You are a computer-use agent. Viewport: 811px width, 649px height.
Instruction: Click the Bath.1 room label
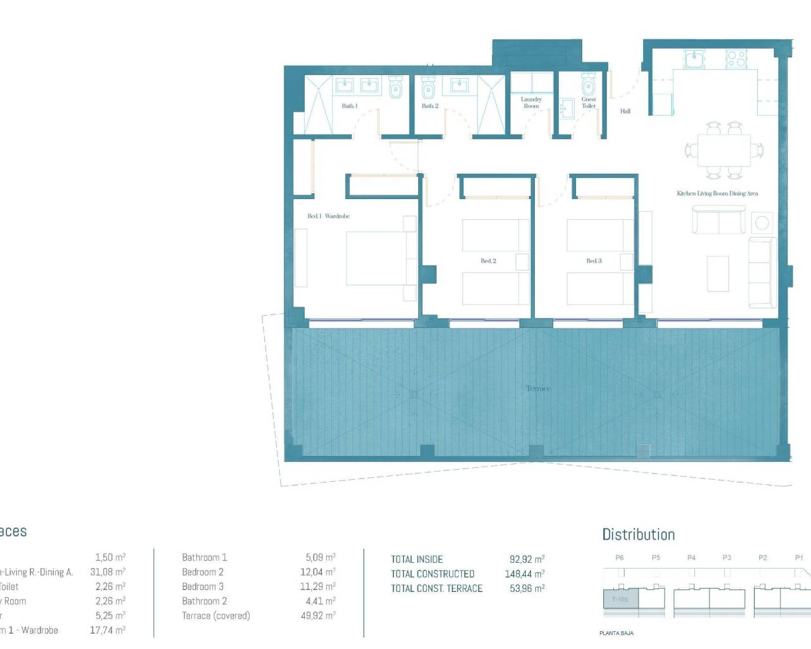(350, 106)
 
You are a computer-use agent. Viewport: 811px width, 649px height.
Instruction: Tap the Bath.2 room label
(430, 106)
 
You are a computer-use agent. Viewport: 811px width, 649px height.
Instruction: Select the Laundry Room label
(531, 103)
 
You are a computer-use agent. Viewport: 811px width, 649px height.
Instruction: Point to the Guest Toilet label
(589, 103)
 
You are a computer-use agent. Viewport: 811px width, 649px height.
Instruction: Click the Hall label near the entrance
(625, 112)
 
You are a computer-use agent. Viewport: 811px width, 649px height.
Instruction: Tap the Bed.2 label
(488, 261)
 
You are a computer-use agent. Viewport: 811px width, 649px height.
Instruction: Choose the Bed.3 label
(594, 261)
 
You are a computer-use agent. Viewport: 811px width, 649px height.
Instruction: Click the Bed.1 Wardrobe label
(328, 216)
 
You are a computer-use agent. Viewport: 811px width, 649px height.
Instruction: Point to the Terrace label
(538, 389)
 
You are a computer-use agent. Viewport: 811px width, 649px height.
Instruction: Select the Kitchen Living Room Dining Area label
(717, 193)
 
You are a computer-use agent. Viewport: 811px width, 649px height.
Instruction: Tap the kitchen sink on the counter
(694, 59)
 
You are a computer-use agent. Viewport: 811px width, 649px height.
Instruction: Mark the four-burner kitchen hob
(736, 59)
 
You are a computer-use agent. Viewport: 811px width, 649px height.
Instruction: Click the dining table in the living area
(724, 150)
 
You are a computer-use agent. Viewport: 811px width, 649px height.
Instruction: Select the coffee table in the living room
(718, 273)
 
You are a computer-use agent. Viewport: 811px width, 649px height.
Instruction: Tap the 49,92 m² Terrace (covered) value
(317, 615)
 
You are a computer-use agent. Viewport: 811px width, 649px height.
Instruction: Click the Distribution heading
(638, 534)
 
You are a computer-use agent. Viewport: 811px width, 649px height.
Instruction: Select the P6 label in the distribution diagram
(620, 558)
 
